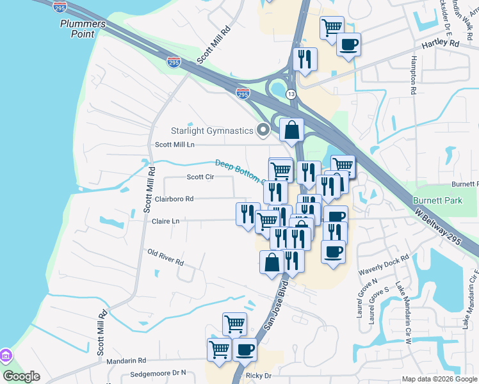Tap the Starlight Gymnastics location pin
[x=263, y=131]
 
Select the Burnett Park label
[x=437, y=200]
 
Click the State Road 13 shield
[x=291, y=94]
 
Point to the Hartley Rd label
[x=441, y=44]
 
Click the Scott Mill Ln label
[x=174, y=145]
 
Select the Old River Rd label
[x=165, y=259]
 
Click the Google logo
[x=22, y=376]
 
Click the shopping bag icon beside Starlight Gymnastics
[x=291, y=129]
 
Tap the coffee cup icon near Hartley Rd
[x=348, y=45]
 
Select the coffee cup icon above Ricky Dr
[x=244, y=350]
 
